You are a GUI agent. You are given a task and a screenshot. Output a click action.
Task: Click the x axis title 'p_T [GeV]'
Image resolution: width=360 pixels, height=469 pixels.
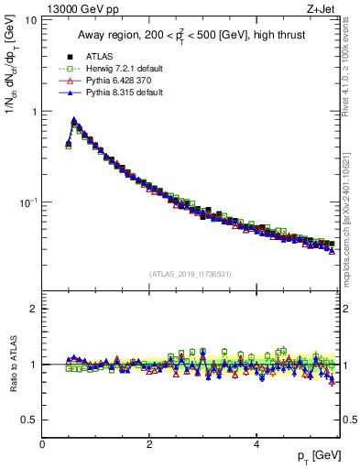click(315, 456)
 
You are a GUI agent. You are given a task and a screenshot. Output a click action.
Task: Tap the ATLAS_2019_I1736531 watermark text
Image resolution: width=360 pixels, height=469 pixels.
click(191, 273)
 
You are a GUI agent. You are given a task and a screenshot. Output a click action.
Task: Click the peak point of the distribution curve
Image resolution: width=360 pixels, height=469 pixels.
click(73, 120)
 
